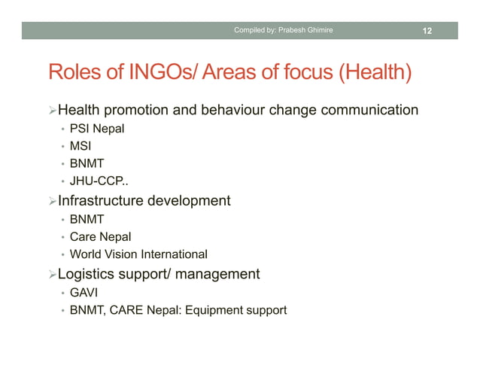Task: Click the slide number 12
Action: [427, 31]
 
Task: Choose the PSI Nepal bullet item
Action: [97, 129]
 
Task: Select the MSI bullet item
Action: [81, 146]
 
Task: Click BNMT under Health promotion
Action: [87, 163]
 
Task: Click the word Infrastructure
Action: [104, 201]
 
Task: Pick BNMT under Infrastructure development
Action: [87, 220]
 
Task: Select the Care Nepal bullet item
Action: [100, 237]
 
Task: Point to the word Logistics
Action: [88, 274]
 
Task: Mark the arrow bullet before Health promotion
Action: [52, 111]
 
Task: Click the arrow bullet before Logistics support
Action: [52, 275]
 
